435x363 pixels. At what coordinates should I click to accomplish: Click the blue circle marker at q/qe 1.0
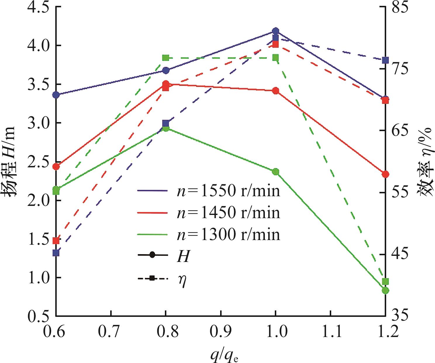275,31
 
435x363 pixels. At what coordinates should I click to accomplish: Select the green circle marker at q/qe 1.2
385,290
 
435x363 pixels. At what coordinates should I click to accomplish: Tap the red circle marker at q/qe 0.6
56,167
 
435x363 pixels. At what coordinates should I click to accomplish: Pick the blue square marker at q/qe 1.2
385,60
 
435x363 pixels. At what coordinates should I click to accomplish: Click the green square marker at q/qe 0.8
166,58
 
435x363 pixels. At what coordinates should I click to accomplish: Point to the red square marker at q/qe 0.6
56,240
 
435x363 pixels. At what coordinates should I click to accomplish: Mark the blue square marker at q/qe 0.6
56,253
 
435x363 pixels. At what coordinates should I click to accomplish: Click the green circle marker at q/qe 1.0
275,171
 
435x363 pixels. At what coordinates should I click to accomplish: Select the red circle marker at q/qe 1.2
385,174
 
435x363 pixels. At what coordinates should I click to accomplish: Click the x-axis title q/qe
224,355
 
